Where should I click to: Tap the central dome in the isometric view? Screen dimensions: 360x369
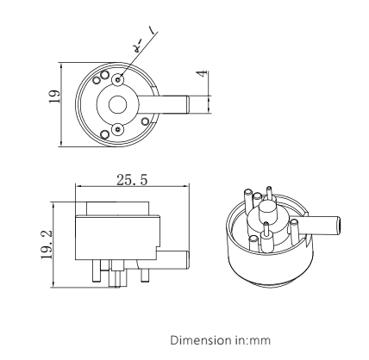coord(267,209)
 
